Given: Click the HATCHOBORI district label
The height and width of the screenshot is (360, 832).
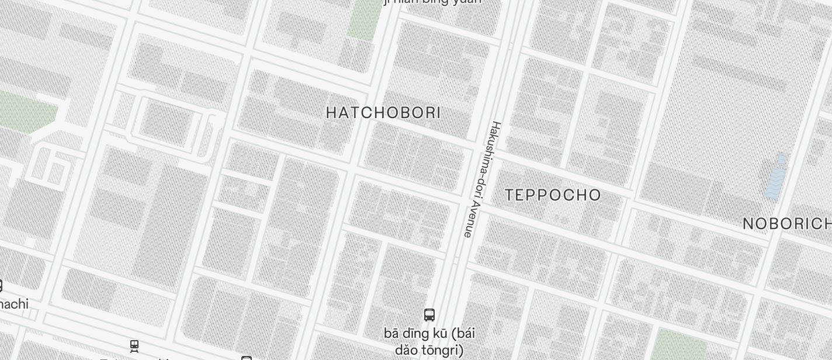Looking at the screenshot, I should (383, 112).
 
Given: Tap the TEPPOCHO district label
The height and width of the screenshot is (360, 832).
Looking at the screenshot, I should (553, 195).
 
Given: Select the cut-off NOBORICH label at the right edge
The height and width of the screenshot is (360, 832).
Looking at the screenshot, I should (787, 224).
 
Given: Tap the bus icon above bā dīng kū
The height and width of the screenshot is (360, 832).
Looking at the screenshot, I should (429, 315).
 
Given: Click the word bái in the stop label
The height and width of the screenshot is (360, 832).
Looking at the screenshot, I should (463, 333).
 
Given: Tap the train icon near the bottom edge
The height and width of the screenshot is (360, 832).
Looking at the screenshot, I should (134, 346).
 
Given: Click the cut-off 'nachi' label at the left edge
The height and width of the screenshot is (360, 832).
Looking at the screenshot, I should (14, 304).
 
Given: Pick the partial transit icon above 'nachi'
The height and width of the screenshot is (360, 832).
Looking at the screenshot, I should (1, 285).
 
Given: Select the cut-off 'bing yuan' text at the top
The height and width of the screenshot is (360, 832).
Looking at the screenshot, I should (432, 2).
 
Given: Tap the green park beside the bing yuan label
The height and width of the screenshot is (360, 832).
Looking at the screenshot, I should (364, 20).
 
